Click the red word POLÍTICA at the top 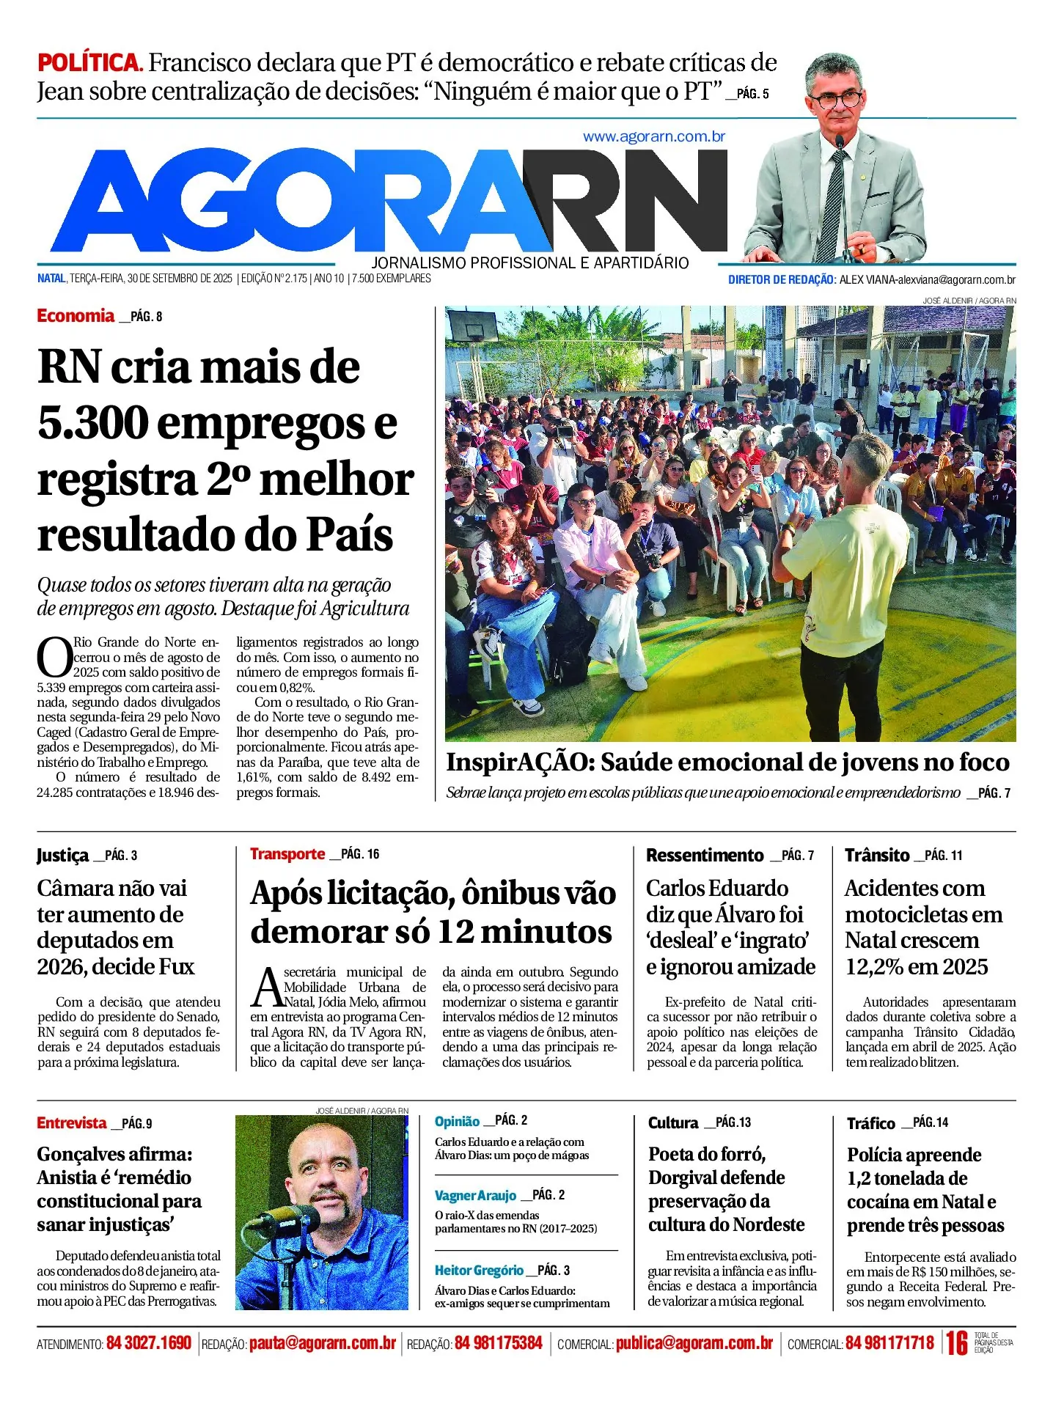coord(89,62)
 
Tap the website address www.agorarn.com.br coord(653,136)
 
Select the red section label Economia coord(76,316)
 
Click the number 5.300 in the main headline coord(92,424)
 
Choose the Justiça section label coord(62,856)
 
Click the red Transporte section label coord(287,854)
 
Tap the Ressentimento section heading coord(705,856)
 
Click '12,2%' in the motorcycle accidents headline coord(873,967)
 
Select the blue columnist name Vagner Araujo coord(475,1196)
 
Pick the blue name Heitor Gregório coord(479,1271)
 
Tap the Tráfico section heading coord(870,1123)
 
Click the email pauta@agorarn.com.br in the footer coord(322,1343)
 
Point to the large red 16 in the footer coord(956,1343)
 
